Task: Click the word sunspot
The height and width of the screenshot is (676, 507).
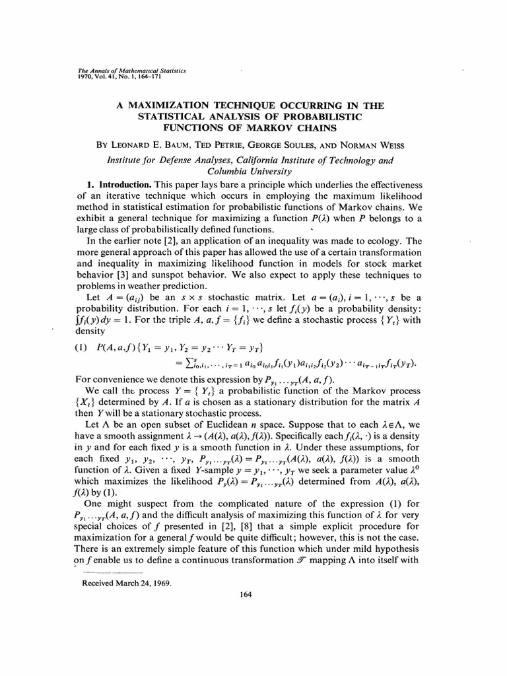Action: [x=172, y=274]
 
